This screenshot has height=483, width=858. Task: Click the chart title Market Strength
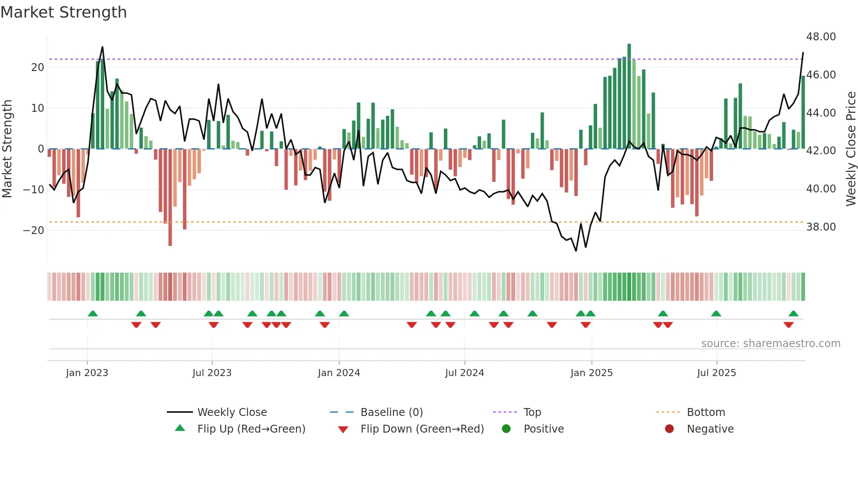(63, 12)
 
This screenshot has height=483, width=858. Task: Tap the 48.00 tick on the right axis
(821, 37)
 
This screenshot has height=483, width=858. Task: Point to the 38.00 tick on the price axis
(821, 227)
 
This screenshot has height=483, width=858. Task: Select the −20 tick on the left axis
(34, 231)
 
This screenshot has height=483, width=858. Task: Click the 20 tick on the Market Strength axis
(38, 67)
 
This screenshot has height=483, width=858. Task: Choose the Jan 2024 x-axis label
(339, 373)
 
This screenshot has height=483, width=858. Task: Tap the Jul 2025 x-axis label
(717, 373)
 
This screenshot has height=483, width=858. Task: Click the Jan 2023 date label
(87, 373)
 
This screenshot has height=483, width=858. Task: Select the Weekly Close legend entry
(232, 412)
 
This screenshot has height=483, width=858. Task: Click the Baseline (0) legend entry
(391, 412)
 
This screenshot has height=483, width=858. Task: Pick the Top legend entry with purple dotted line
(532, 412)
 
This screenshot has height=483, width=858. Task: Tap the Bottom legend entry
(706, 412)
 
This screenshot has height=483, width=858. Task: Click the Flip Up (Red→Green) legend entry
(251, 429)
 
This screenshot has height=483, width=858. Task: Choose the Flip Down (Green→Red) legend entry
(422, 429)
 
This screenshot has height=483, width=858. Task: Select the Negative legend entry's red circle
(669, 429)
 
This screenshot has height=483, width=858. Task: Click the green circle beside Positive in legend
(506, 429)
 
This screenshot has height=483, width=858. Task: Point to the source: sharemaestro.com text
(770, 344)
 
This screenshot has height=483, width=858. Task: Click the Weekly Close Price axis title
(851, 149)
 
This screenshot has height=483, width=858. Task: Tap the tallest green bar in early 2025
(629, 96)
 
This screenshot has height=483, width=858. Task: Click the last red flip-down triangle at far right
(788, 325)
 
